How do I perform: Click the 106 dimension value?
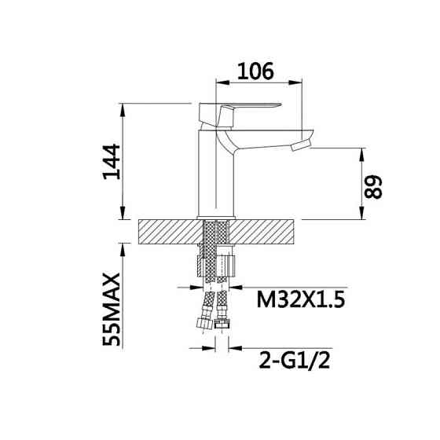(255, 71)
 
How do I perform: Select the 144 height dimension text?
(112, 162)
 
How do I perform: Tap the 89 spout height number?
(373, 187)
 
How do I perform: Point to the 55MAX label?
(112, 310)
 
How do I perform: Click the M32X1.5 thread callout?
(300, 299)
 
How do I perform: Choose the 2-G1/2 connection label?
(295, 361)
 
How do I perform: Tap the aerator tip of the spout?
(301, 146)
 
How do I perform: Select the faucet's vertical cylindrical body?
(216, 174)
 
